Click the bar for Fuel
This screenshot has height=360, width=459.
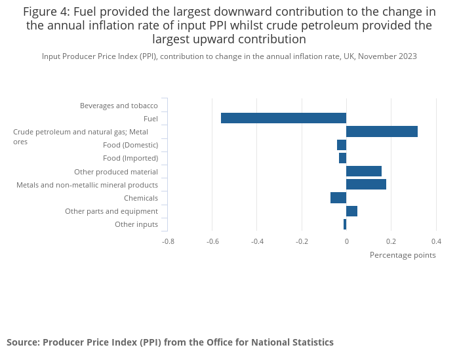pos(283,118)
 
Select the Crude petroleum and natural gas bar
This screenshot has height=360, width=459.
pos(382,131)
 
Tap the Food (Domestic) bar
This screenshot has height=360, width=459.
pos(342,145)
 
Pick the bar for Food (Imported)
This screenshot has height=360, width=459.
pos(342,158)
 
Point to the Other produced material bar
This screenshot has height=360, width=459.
pos(364,171)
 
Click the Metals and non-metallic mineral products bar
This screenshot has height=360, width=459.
pos(366,184)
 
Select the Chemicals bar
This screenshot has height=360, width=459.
pos(338,198)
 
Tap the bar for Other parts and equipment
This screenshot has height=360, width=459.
pos(351,211)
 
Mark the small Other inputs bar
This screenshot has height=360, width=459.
pos(345,224)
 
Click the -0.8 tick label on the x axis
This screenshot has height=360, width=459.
pos(168,241)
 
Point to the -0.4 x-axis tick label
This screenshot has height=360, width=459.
pos(257,241)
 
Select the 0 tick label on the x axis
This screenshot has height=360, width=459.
pos(346,241)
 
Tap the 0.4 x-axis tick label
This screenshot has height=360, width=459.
pos(435,241)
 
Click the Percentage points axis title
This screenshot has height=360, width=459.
pos(403,255)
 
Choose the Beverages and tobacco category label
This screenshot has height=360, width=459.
pos(119,106)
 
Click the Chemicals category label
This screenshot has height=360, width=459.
pos(141,198)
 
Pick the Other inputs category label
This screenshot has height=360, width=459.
pos(136,224)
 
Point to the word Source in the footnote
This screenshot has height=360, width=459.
pos(22,342)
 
